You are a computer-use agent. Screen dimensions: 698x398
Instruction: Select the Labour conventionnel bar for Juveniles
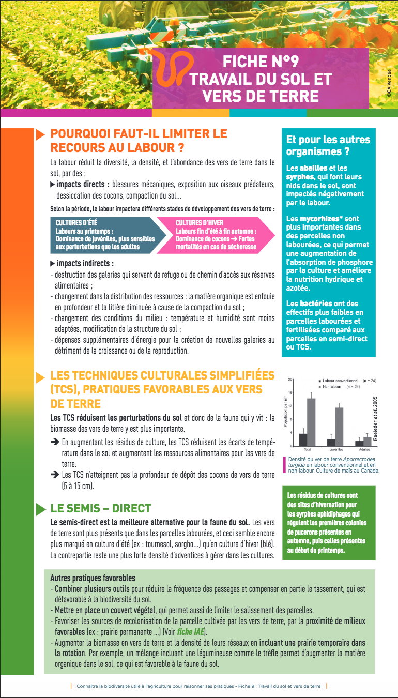(331, 443)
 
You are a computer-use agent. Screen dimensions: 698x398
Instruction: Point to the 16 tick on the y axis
(291, 392)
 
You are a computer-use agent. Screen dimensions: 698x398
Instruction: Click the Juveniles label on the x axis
(335, 450)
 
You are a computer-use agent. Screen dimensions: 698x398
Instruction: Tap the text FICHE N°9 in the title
(261, 63)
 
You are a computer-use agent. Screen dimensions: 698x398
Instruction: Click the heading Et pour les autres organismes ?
(328, 145)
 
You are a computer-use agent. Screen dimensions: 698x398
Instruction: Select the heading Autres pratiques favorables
(93, 578)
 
